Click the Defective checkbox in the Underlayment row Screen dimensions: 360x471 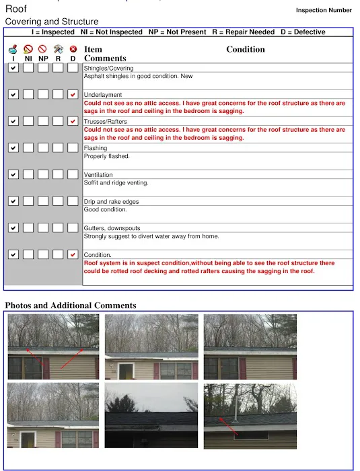[x=73, y=95]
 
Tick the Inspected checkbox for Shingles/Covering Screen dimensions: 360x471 [x=13, y=68]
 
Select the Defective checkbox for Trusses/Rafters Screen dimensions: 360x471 [x=73, y=121]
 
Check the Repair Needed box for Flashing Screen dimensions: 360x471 [x=58, y=148]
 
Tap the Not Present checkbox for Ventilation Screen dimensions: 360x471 [x=43, y=174]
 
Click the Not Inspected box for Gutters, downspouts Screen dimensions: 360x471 [x=28, y=227]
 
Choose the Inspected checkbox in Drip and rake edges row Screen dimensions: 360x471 [x=13, y=201]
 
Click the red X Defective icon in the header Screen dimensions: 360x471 [x=73, y=49]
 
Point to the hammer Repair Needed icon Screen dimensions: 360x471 [x=59, y=49]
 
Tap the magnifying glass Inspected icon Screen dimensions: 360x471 [x=13, y=49]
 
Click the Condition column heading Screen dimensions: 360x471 [x=246, y=49]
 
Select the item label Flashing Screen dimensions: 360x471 [x=96, y=148]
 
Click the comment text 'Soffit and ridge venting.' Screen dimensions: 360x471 [x=116, y=182]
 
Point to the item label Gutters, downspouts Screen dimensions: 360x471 [x=112, y=228]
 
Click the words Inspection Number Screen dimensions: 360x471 [x=324, y=10]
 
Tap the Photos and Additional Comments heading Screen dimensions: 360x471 [x=71, y=305]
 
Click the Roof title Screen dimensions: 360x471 [x=16, y=9]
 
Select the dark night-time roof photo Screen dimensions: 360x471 [x=151, y=415]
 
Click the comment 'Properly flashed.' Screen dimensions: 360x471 [x=107, y=156]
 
